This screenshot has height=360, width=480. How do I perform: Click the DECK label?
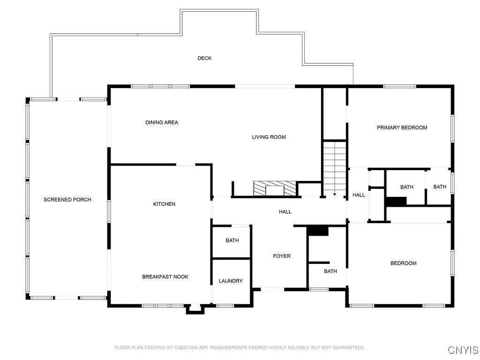click(204, 58)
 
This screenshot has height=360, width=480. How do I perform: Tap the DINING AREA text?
click(162, 122)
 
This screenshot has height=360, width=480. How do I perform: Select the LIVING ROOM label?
click(269, 137)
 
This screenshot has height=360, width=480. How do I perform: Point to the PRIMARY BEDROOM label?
click(402, 127)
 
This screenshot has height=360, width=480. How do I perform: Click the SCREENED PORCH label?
click(67, 200)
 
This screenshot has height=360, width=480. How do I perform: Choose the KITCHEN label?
click(164, 204)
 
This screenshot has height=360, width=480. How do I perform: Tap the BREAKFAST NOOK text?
click(165, 277)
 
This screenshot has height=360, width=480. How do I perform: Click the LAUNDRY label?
click(231, 281)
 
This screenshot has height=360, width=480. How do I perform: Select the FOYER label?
click(282, 256)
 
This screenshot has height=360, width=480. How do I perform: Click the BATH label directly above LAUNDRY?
click(232, 240)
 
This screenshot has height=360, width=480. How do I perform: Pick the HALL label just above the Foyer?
click(285, 211)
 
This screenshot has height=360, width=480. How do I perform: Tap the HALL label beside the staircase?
click(359, 195)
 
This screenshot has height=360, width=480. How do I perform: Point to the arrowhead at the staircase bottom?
click(335, 193)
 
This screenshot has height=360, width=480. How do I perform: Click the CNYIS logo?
click(463, 350)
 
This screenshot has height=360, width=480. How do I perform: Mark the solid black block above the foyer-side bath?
click(318, 231)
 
